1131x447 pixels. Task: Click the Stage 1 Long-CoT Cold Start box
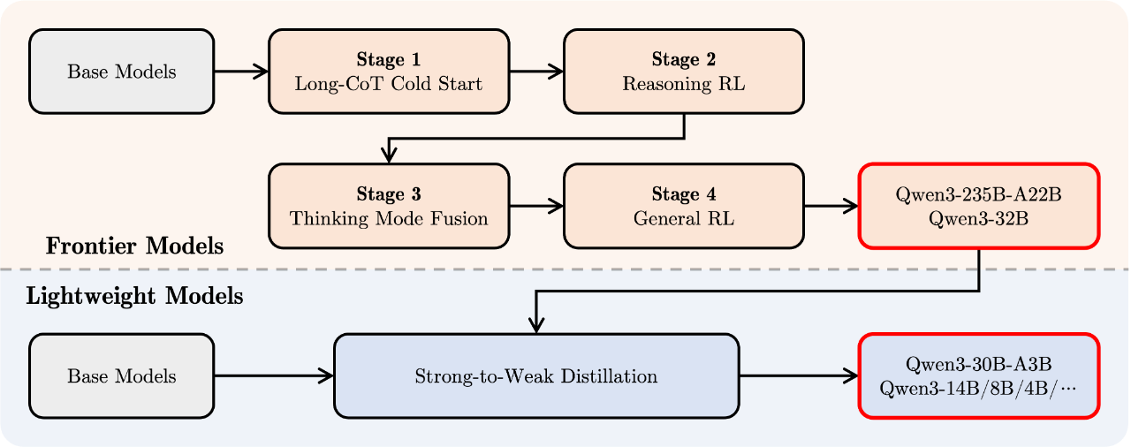click(x=389, y=72)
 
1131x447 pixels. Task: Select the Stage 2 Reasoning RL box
click(x=684, y=72)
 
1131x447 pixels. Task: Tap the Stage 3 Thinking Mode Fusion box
click(x=389, y=206)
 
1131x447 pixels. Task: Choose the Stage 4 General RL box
click(x=684, y=206)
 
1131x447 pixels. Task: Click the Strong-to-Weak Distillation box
click(x=536, y=375)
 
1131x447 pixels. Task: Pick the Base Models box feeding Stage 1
click(x=122, y=72)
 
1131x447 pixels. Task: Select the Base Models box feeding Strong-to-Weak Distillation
click(x=122, y=375)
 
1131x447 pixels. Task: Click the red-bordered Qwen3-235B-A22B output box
click(x=978, y=206)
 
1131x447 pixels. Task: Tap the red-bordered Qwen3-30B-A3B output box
click(x=978, y=375)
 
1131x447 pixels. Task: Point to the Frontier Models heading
click(x=135, y=246)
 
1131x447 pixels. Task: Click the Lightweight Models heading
click(x=135, y=296)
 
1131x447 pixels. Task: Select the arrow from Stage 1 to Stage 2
click(x=536, y=72)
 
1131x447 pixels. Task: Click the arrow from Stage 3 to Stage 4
click(x=536, y=206)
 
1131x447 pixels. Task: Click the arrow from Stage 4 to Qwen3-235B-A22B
click(x=831, y=206)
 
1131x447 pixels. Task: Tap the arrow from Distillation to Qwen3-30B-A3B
click(x=800, y=375)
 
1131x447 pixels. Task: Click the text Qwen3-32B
click(x=978, y=219)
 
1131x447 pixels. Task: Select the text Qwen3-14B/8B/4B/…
click(x=978, y=389)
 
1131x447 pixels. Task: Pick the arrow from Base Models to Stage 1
click(x=241, y=72)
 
